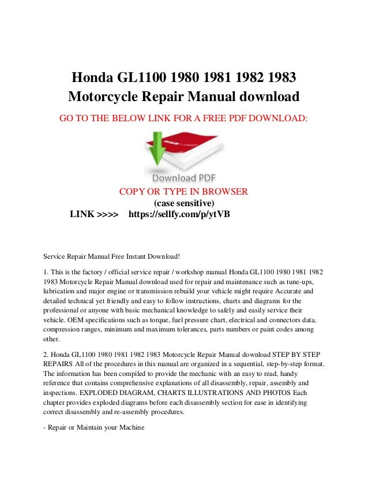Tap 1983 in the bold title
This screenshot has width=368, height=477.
(x=281, y=77)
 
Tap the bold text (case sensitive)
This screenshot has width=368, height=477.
(x=183, y=203)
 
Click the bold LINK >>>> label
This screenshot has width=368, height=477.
(x=94, y=215)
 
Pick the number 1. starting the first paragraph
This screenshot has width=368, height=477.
(x=46, y=271)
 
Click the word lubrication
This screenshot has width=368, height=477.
(x=62, y=292)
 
